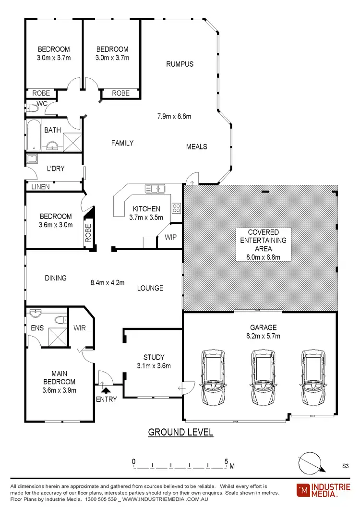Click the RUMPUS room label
(x=180, y=64)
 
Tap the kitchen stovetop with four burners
(x=176, y=208)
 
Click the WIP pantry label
(x=170, y=237)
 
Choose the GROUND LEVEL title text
(x=180, y=432)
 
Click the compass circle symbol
(x=310, y=463)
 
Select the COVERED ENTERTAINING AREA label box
(x=264, y=244)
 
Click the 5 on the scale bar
(x=226, y=461)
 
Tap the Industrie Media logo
(x=324, y=490)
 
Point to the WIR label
(x=79, y=328)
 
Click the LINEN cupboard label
(x=41, y=187)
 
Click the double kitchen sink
(x=155, y=189)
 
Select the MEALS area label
(x=196, y=146)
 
